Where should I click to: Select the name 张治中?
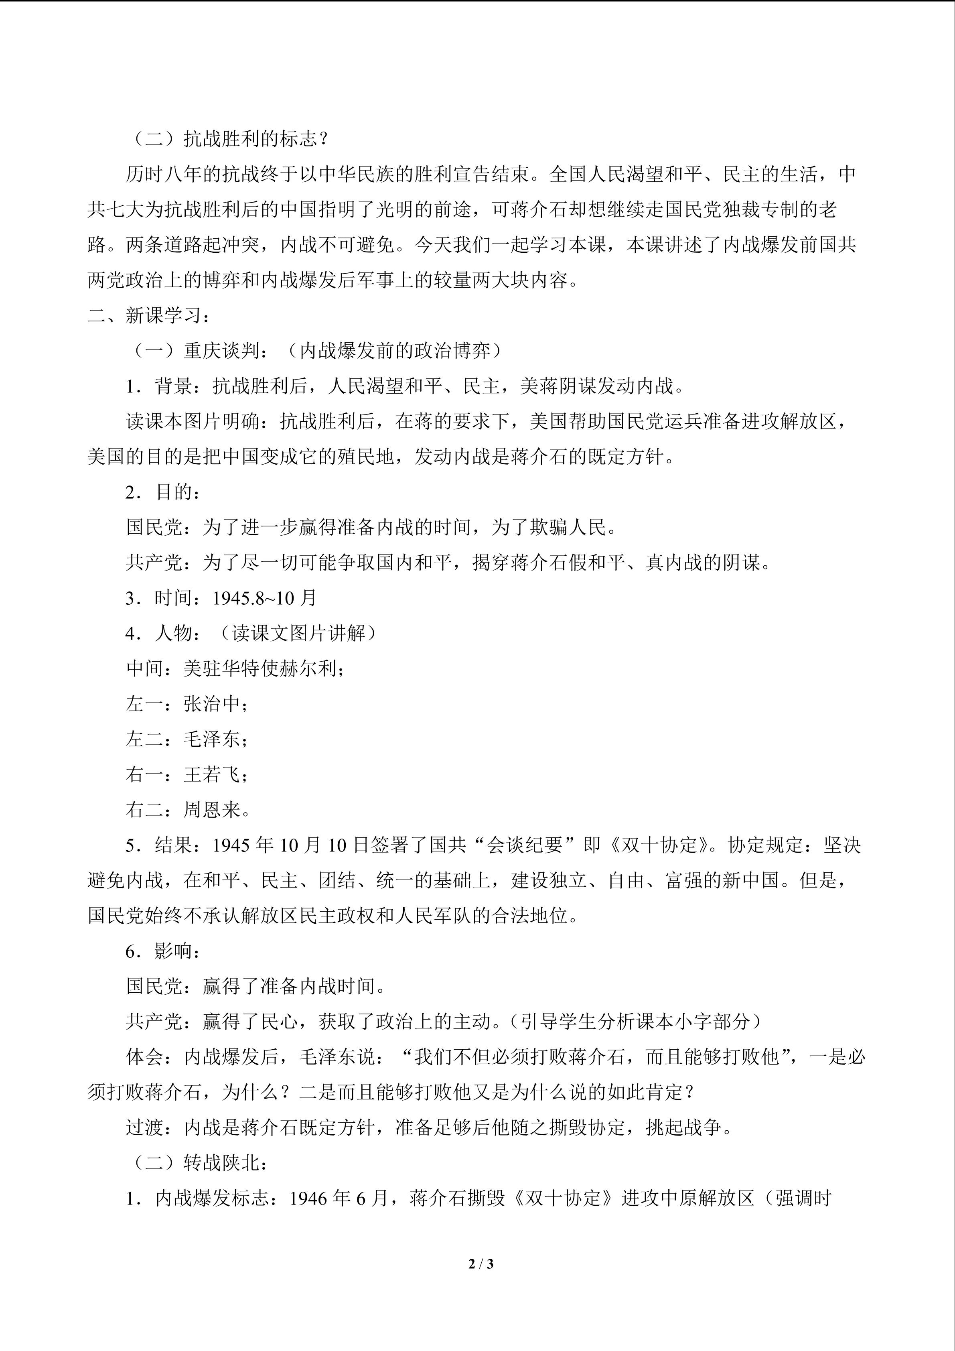[x=212, y=704]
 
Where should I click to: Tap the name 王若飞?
[x=212, y=774]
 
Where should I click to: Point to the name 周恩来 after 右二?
[x=212, y=810]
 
